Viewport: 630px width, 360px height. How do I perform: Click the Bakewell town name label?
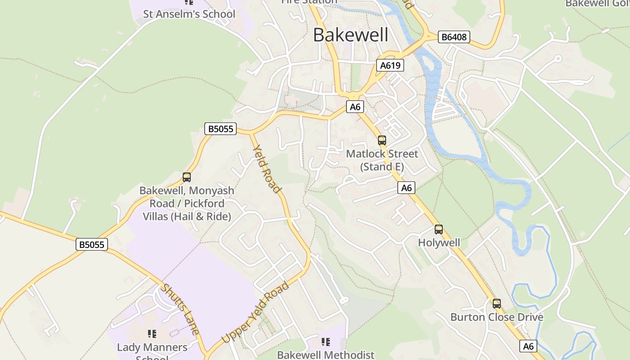click(x=351, y=35)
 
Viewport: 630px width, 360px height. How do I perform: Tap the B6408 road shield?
click(x=454, y=37)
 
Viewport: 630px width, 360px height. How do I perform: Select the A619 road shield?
click(x=390, y=66)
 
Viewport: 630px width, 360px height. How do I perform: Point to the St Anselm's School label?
click(x=189, y=14)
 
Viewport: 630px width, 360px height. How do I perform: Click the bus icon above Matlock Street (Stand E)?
click(x=382, y=140)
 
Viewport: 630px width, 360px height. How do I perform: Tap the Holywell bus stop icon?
click(x=439, y=229)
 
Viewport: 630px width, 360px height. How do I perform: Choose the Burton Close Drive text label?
click(x=497, y=317)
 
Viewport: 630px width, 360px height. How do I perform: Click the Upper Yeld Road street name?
click(x=255, y=312)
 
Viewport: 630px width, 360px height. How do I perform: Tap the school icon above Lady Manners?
click(x=152, y=334)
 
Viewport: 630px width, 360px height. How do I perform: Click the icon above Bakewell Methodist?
click(x=325, y=342)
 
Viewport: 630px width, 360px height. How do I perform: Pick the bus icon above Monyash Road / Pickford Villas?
click(x=187, y=177)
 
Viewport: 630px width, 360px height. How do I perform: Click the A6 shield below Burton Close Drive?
click(x=528, y=346)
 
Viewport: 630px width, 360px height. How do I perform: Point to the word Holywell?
click(x=439, y=243)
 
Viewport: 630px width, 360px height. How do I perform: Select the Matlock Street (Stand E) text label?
click(x=382, y=160)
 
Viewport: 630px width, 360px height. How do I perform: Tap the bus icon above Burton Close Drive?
click(x=497, y=304)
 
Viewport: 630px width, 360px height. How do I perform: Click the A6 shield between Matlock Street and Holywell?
click(x=406, y=188)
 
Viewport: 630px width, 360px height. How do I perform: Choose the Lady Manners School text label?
click(x=152, y=351)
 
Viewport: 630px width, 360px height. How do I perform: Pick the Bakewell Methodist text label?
click(x=325, y=355)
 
